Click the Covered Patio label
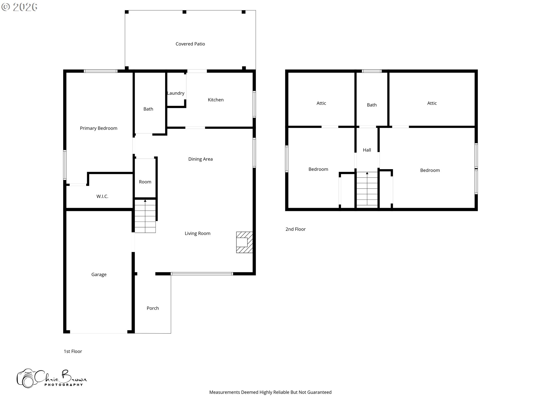(190, 44)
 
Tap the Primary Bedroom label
(99, 128)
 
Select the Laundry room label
(176, 93)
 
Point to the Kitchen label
(216, 100)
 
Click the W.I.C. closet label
(102, 197)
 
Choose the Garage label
(99, 275)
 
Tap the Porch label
(153, 308)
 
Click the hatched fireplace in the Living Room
(244, 242)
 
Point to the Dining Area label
(200, 159)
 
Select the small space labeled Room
(145, 182)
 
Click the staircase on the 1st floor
(145, 216)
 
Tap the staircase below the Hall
(367, 189)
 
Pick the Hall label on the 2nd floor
(367, 150)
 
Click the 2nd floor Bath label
(372, 105)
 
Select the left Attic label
(321, 103)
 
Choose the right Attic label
(432, 103)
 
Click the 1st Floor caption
(73, 351)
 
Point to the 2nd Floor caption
(296, 229)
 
